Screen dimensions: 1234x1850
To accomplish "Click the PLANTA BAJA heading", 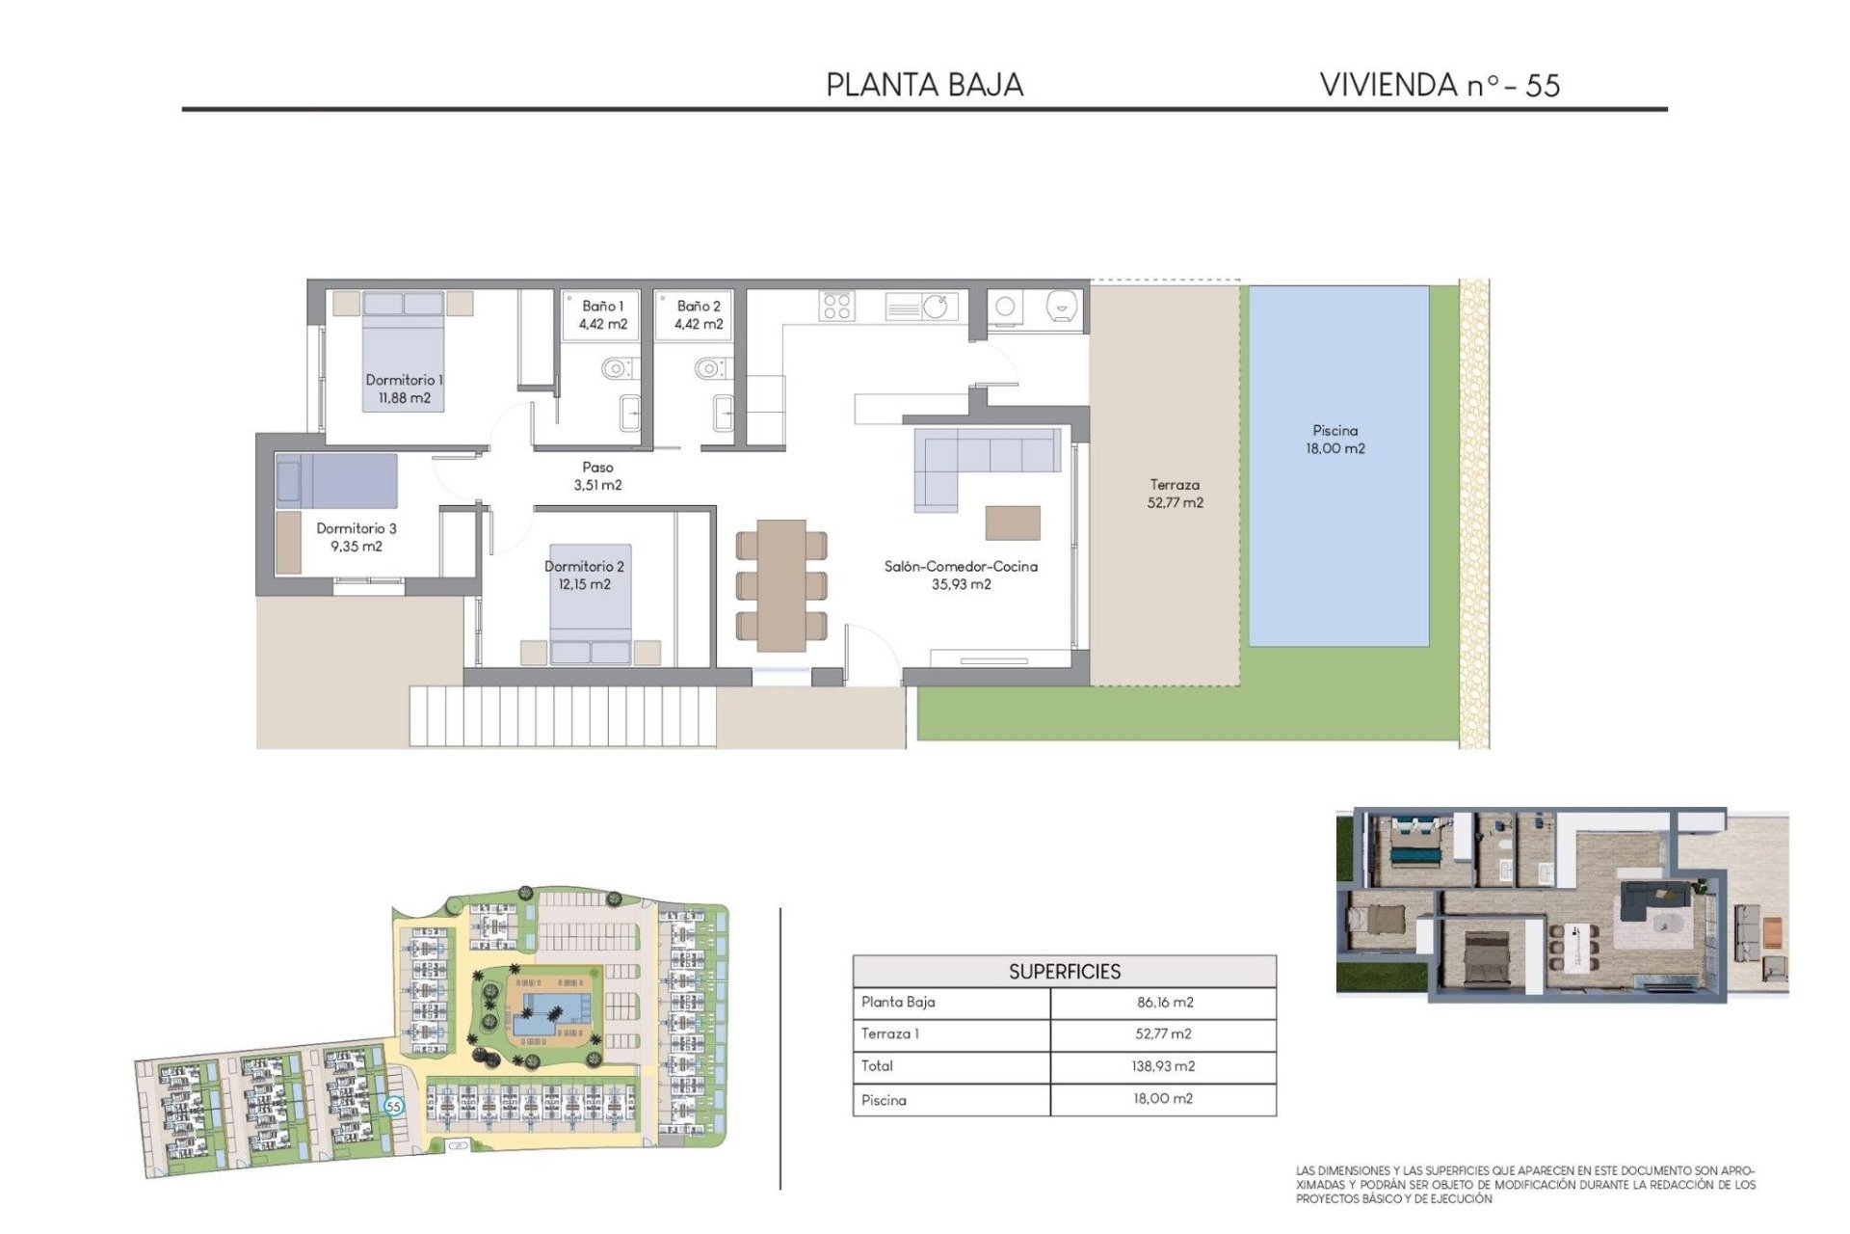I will coord(924,85).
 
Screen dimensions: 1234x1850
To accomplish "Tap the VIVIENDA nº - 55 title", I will coord(1439,85).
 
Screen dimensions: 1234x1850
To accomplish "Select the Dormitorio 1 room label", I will coord(404,380).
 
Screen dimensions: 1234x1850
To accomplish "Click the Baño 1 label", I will coord(602,306).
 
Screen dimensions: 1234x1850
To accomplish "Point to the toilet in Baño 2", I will coord(711,368).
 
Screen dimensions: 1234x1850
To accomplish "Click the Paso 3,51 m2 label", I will coord(597,476).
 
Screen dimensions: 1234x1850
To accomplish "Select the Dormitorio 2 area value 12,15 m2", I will coord(584,584).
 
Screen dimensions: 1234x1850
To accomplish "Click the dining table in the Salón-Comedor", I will coord(781,585).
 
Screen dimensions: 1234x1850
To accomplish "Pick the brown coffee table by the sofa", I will coord(1013,523).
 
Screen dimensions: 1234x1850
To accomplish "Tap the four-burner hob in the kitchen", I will coord(836,306).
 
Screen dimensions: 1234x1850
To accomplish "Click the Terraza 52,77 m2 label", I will coord(1175,494).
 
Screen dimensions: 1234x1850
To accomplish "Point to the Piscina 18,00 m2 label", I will coord(1335,440).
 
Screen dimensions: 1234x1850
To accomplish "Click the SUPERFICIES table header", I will coord(1064,972).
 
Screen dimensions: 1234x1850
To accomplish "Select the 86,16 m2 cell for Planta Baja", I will coord(1164,1003).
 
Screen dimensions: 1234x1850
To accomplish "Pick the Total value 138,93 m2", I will coord(1163,1066).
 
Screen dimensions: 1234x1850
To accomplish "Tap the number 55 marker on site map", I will coord(393,1106).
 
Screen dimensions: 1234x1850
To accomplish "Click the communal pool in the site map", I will coord(552,1013).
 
